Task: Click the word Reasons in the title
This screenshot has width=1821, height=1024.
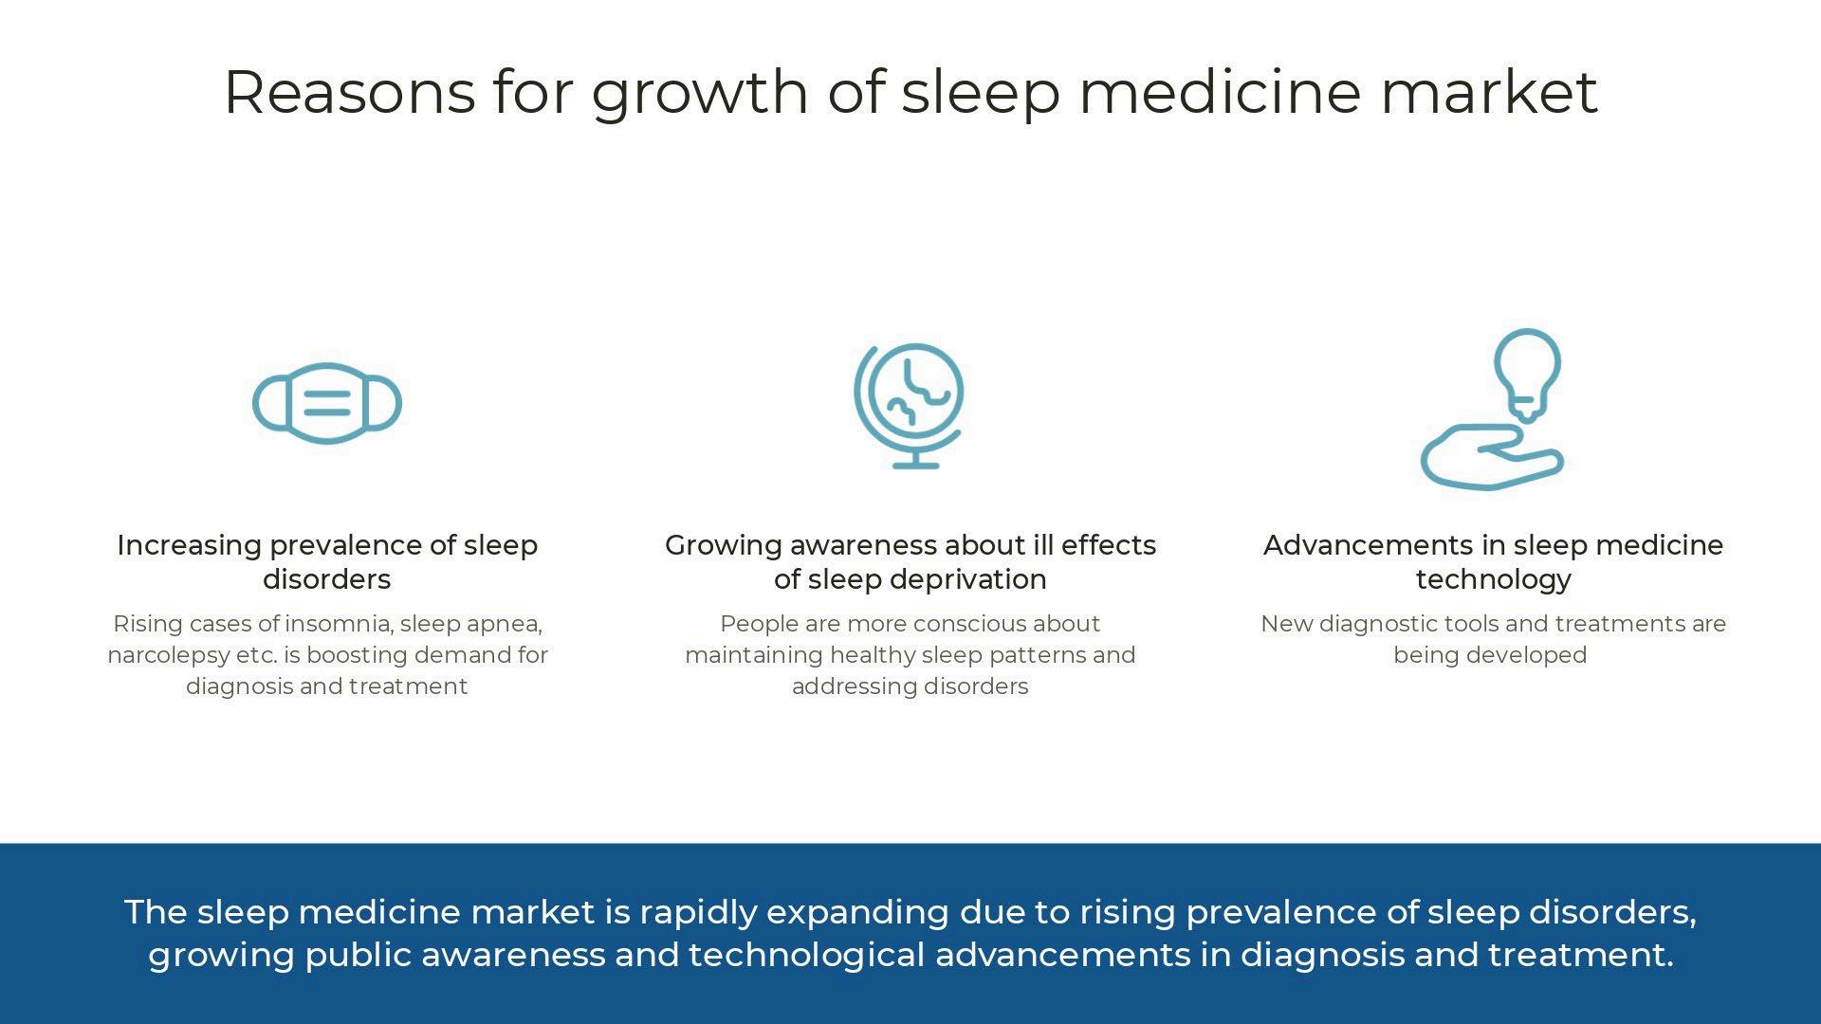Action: click(349, 92)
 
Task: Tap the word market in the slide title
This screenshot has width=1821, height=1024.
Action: click(1489, 92)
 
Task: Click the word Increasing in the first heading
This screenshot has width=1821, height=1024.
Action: click(189, 546)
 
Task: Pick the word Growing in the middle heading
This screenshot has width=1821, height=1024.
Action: click(724, 546)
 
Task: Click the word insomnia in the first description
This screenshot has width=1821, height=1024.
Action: click(339, 624)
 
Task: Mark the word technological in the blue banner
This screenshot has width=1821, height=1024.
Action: click(806, 956)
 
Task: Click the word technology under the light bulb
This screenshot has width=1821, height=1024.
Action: click(1494, 580)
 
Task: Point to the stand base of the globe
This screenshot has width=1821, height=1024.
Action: click(916, 466)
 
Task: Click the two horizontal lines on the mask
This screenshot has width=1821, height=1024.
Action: click(327, 404)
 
